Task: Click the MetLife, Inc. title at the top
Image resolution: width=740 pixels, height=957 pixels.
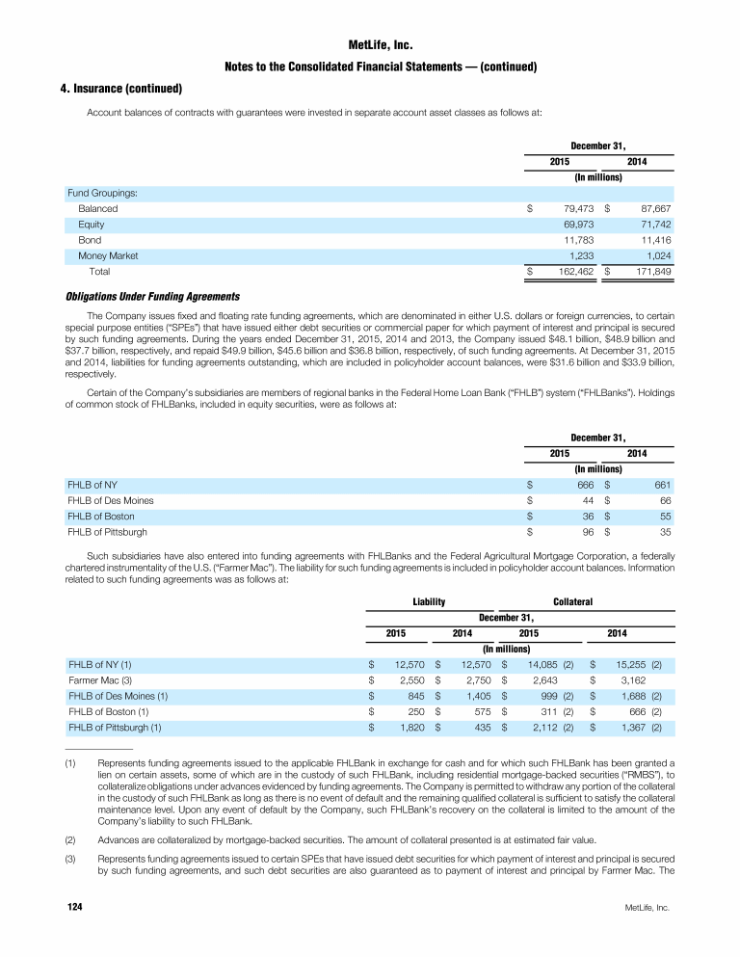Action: (369, 45)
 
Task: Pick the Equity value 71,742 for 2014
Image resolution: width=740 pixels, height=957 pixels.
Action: (652, 224)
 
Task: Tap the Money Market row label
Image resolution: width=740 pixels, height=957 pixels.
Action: (108, 255)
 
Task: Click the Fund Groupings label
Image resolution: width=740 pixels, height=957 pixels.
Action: (101, 193)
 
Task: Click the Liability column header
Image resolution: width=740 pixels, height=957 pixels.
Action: (427, 601)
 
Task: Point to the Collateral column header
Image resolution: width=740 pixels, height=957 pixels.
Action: (572, 601)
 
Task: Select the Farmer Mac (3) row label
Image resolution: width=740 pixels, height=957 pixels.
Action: (100, 680)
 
